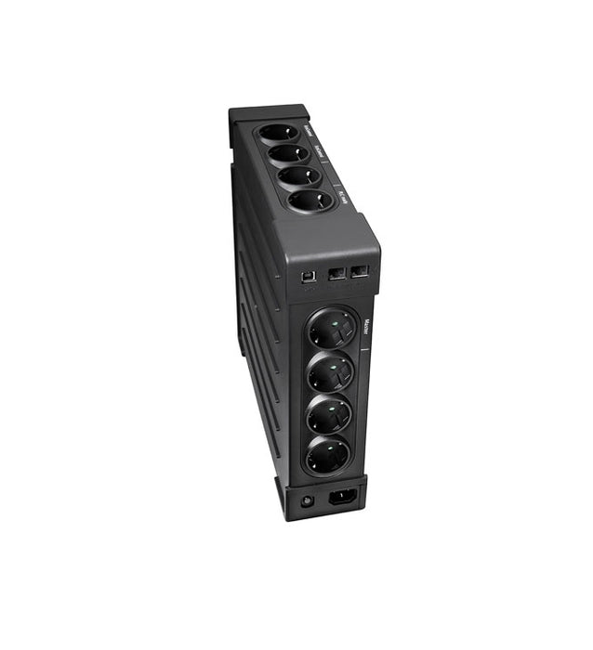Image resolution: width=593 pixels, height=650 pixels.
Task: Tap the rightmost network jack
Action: point(360,271)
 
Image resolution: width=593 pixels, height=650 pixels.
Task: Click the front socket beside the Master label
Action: point(333,330)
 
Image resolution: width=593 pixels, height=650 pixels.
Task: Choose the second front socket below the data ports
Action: point(332,373)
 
